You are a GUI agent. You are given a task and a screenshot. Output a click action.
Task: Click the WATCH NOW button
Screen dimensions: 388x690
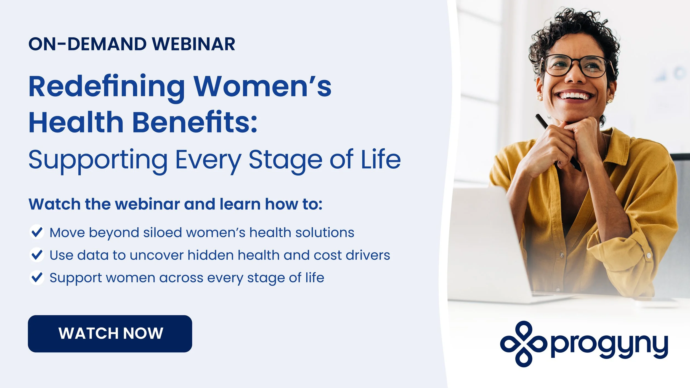pos(110,334)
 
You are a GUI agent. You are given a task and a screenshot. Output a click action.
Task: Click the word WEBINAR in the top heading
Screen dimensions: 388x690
pos(193,44)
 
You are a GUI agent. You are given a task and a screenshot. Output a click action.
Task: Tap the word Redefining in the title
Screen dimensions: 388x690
pos(107,87)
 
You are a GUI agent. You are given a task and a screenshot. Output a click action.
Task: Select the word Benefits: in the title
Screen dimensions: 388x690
pos(195,122)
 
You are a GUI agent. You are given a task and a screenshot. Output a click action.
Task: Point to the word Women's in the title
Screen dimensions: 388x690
pos(262,87)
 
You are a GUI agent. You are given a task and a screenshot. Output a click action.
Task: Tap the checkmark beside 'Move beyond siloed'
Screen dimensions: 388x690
pos(37,232)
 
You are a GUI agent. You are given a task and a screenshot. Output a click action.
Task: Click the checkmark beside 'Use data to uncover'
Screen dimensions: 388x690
pos(37,255)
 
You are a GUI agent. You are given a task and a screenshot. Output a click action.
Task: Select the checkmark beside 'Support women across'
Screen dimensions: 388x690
pos(37,277)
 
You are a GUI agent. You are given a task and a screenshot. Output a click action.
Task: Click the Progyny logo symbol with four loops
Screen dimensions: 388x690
pos(524,344)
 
